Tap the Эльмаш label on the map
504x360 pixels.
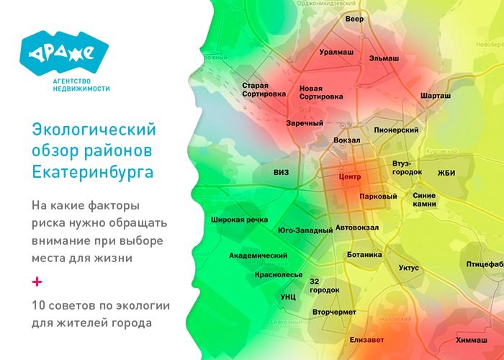pyautogui.click(x=384, y=57)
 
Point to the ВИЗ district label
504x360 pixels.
pyautogui.click(x=281, y=173)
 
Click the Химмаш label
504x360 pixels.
pyautogui.click(x=471, y=340)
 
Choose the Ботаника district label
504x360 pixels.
pyautogui.click(x=364, y=254)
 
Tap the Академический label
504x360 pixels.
pyautogui.click(x=258, y=256)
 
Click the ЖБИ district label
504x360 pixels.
pyautogui.click(x=446, y=173)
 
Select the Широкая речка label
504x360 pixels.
pyautogui.click(x=240, y=220)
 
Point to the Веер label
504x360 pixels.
pyautogui.click(x=354, y=19)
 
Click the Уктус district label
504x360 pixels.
pyautogui.click(x=408, y=268)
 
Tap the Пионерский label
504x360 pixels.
pyautogui.click(x=396, y=130)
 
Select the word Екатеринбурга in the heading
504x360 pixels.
pyautogui.click(x=93, y=172)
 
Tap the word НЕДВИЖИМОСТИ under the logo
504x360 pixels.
pyautogui.click(x=81, y=89)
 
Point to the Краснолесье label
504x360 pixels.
pyautogui.click(x=278, y=274)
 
